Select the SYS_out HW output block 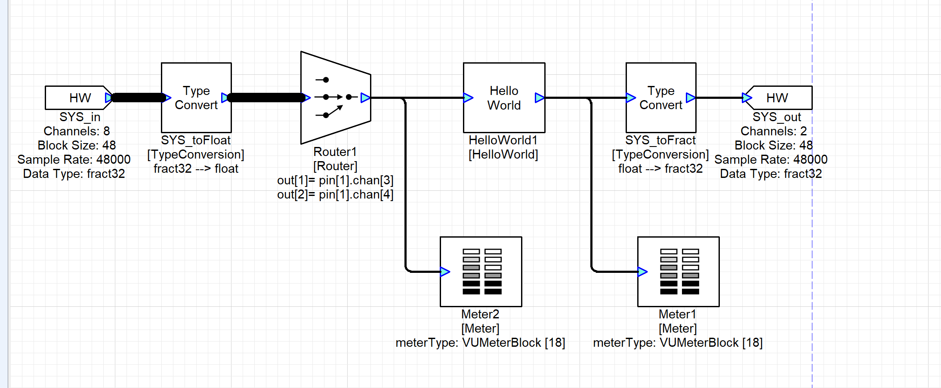tap(779, 98)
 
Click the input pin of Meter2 tap(445, 272)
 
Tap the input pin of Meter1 tap(642, 272)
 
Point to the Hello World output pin tap(540, 98)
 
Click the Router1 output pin tap(365, 98)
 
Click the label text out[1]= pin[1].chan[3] tap(335, 180)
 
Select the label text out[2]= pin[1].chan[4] tap(335, 195)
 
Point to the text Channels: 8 tap(77, 131)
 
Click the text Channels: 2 tap(773, 131)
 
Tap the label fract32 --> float tap(196, 169)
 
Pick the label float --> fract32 tap(660, 169)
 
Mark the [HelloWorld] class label tap(503, 155)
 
